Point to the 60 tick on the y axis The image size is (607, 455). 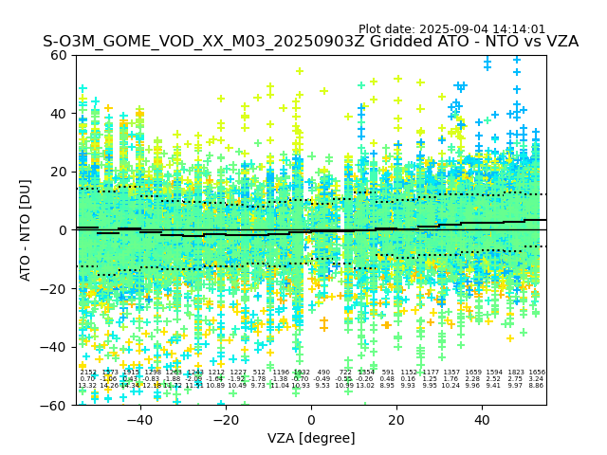pyautogui.click(x=60, y=55)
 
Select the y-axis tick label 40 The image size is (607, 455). pyautogui.click(x=60, y=114)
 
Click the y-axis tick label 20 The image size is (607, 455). pyautogui.click(x=60, y=172)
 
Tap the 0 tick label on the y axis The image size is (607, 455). pyautogui.click(x=64, y=230)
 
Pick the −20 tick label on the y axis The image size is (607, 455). pyautogui.click(x=56, y=288)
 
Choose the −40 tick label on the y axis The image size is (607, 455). pyautogui.click(x=56, y=347)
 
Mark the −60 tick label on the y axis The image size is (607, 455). pyautogui.click(x=56, y=405)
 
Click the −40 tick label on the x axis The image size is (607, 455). pyautogui.click(x=139, y=420)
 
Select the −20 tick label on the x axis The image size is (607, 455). pyautogui.click(x=225, y=420)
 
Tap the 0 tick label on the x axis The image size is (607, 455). pyautogui.click(x=311, y=420)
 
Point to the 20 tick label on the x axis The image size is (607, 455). pyautogui.click(x=396, y=420)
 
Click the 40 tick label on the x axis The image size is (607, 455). pyautogui.click(x=482, y=420)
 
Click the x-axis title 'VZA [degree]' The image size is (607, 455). pyautogui.click(x=311, y=438)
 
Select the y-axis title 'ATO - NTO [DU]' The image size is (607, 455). pyautogui.click(x=26, y=229)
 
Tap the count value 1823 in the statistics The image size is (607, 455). pyautogui.click(x=516, y=373)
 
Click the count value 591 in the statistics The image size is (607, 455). pyautogui.click(x=387, y=373)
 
